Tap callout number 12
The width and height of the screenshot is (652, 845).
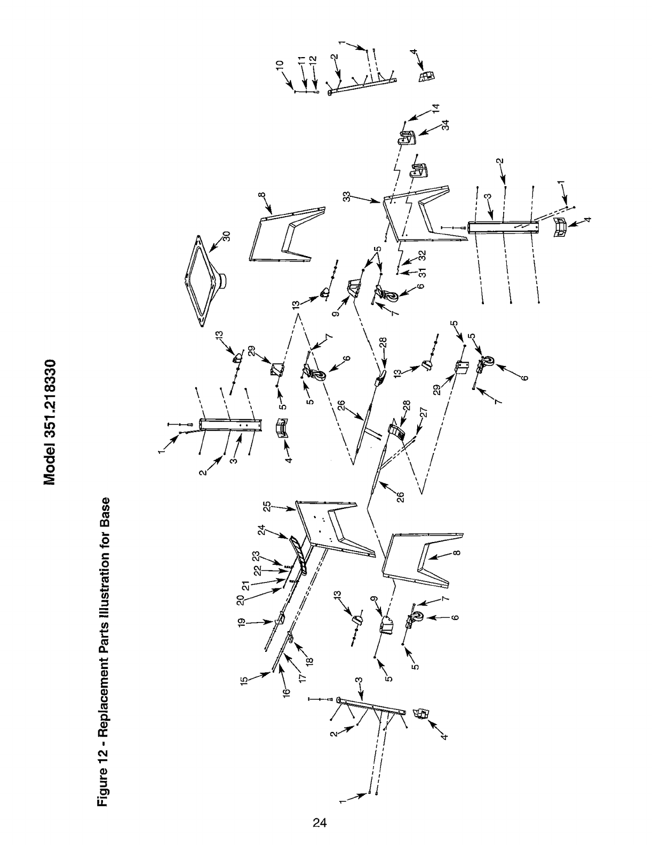[x=313, y=60]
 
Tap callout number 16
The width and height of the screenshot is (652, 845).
[x=287, y=692]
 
